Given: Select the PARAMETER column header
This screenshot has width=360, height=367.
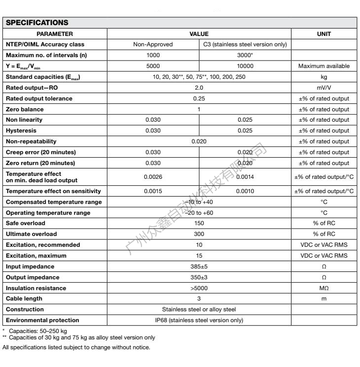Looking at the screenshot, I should [55, 34].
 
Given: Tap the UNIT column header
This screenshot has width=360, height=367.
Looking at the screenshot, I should [324, 34].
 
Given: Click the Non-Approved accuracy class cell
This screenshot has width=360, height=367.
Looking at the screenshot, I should [153, 45].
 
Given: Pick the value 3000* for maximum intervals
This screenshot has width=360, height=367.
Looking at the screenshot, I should [245, 55].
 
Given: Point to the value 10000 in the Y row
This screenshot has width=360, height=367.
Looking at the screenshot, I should [245, 66].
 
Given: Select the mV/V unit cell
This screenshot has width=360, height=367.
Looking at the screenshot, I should [324, 88].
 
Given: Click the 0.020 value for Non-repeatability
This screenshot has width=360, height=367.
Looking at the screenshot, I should [199, 141].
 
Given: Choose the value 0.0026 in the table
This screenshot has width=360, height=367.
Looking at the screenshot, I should [153, 176].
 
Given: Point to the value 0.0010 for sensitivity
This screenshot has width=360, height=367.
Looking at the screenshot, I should [245, 191].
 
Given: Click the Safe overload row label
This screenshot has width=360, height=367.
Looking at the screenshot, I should [26, 223].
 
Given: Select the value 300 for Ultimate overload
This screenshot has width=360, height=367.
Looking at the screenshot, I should [199, 234].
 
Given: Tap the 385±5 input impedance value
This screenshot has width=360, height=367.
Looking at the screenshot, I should [199, 266].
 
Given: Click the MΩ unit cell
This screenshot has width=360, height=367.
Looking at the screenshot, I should [324, 288].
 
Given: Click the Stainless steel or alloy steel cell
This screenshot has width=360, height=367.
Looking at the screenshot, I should [199, 309].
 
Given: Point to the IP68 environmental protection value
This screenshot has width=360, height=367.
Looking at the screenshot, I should [199, 320].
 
